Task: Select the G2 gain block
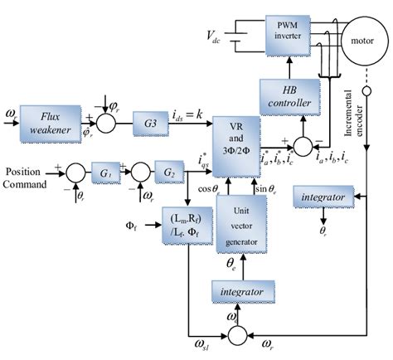(x=169, y=173)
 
